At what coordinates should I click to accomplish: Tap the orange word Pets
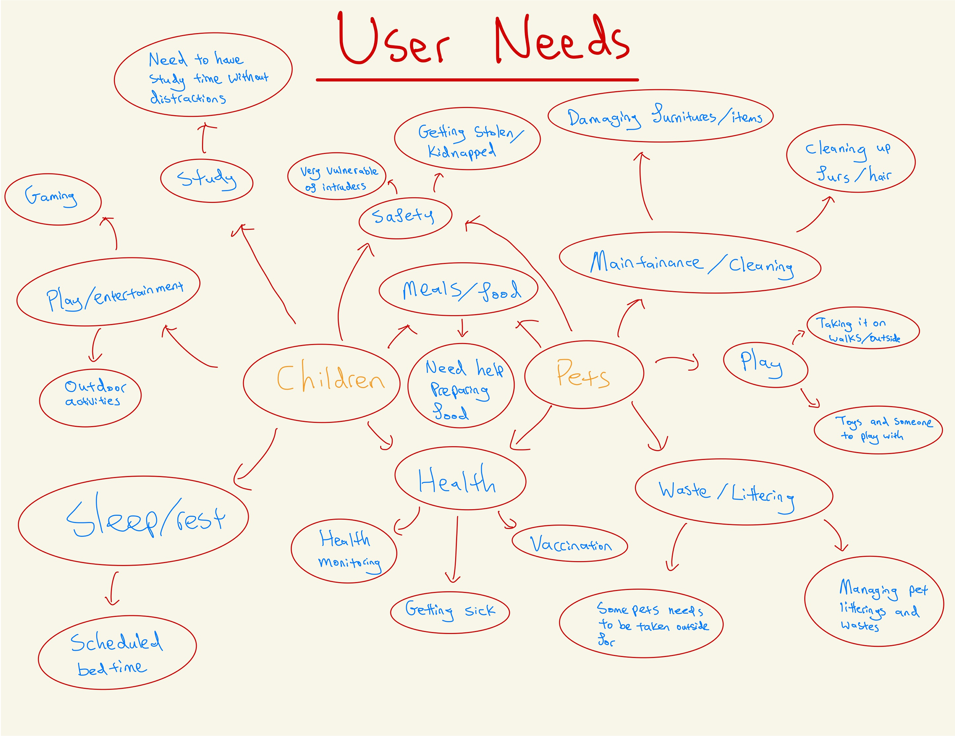coord(583,374)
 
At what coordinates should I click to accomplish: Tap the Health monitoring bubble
coord(344,550)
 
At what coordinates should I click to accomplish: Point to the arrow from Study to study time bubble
coord(204,138)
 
